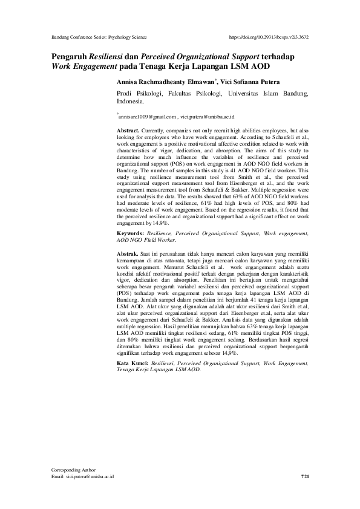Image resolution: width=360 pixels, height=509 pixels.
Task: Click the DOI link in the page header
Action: coord(270,37)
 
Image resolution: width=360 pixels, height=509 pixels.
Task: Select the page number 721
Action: coord(306,477)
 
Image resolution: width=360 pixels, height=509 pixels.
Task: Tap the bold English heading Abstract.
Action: coord(128,131)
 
